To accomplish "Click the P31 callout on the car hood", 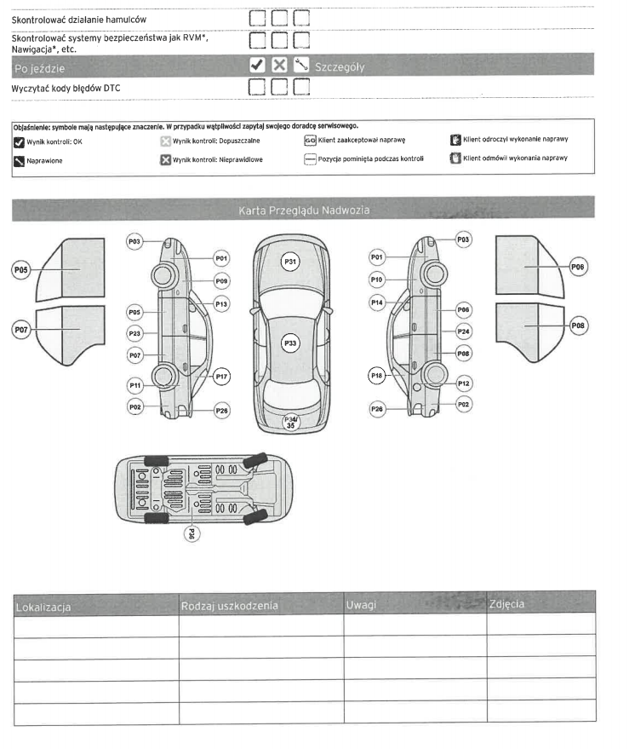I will click(290, 262).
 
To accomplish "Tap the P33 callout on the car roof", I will click(290, 343).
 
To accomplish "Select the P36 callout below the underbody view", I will click(192, 535).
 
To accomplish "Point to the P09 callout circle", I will click(221, 280).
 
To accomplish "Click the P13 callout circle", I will click(221, 303).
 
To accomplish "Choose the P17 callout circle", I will click(221, 376).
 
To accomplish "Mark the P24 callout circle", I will click(463, 331).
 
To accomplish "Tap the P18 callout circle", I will click(375, 375).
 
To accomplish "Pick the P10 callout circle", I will click(376, 279).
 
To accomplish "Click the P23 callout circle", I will click(134, 333).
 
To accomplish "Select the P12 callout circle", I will click(463, 383).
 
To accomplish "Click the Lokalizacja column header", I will click(43, 607).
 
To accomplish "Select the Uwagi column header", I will click(362, 605).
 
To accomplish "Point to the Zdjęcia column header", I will click(507, 604).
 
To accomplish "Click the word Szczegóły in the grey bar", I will click(340, 66).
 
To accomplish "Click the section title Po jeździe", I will click(39, 67).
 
